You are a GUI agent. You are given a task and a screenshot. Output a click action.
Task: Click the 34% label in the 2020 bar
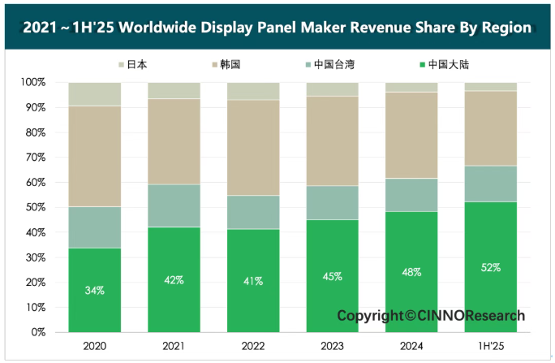[x=95, y=290]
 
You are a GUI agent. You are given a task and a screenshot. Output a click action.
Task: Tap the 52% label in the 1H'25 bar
[x=492, y=267]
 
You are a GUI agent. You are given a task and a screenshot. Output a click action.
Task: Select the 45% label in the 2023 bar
[x=333, y=276]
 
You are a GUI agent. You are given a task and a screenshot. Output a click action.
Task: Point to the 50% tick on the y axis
[x=36, y=208]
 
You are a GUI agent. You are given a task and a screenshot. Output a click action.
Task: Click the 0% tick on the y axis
[x=39, y=332]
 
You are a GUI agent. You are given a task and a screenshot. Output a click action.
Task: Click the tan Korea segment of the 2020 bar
[x=95, y=156]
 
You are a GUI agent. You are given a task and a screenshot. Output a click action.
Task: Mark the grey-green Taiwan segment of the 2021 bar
[x=174, y=205]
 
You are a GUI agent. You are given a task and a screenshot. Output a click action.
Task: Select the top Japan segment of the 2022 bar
[x=253, y=91]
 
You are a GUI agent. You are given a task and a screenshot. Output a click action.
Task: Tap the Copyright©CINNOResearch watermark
[x=431, y=315]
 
